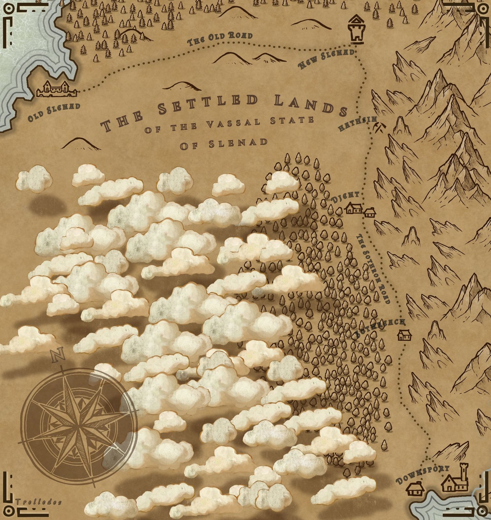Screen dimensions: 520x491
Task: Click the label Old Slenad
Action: pos(54,111)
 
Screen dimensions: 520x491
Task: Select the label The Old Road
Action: pos(220,39)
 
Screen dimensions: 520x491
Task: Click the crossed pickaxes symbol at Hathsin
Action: pos(379,128)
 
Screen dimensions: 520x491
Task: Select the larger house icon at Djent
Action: pos(354,208)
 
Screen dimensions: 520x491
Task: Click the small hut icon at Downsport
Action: pos(415,489)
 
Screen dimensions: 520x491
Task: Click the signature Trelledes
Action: pos(38,502)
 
